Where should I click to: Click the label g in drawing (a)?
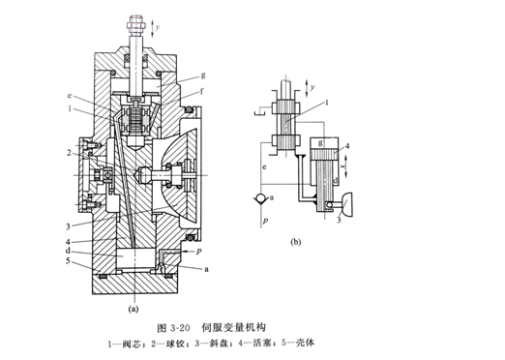pos(203,75)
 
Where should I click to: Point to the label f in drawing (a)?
pos(202,91)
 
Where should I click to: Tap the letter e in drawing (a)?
pos(70,96)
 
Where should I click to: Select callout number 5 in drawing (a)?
pos(68,260)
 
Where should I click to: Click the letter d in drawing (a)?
pos(69,252)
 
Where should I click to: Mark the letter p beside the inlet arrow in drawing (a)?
pos(198,251)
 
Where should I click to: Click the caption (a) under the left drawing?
pos(134,309)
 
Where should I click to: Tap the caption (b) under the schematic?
pos(296,242)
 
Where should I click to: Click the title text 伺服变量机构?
pos(233,327)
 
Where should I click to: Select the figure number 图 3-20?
pos(172,328)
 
